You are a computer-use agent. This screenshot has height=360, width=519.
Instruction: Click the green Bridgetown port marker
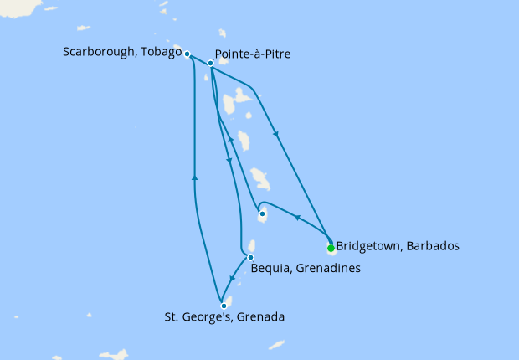[331, 248]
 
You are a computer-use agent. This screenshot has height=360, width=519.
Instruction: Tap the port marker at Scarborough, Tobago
[188, 54]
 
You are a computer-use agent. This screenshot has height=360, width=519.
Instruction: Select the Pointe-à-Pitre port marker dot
[211, 63]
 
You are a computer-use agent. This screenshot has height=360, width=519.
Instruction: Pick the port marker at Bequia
[250, 257]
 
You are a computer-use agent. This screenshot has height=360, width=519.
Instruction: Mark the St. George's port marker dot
[224, 306]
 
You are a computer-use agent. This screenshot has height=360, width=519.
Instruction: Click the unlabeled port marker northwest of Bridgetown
[263, 213]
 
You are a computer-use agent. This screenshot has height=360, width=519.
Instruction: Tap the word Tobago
[162, 53]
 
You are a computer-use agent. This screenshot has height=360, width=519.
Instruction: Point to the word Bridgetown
[369, 247]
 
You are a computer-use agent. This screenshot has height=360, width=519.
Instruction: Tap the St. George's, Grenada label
[224, 318]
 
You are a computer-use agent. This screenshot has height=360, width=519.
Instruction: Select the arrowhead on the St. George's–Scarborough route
[194, 177]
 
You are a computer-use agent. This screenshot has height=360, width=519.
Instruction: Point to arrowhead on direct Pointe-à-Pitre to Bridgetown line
[275, 132]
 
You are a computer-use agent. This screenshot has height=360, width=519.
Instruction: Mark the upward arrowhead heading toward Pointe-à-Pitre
[231, 141]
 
